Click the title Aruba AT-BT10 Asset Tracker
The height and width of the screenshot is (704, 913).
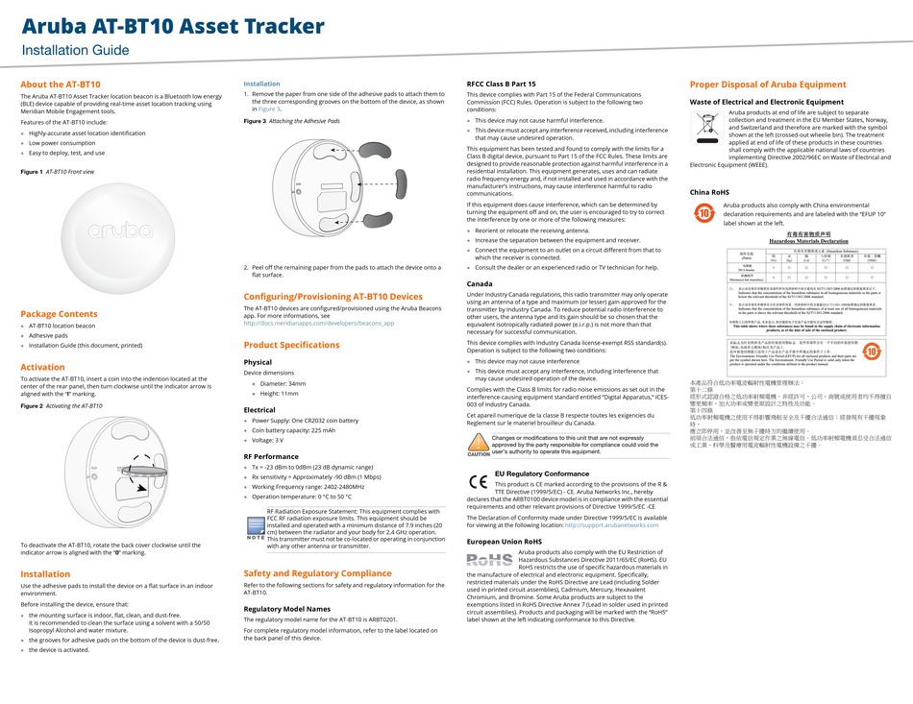coord(173,26)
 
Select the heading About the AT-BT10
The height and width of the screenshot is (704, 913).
coord(61,85)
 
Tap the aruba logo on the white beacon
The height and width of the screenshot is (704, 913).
coord(119,231)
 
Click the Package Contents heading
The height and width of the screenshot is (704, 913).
coord(59,314)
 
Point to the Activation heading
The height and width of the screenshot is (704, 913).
coord(42,367)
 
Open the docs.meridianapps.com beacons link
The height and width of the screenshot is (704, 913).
coord(318,323)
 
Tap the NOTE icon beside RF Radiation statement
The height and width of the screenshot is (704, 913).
coord(255,527)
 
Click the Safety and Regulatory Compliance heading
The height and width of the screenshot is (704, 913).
coord(317,573)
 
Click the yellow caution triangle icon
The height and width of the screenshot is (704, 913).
coord(478,443)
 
